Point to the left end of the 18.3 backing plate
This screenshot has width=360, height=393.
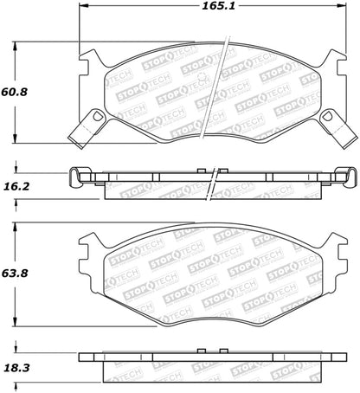click(80, 357)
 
